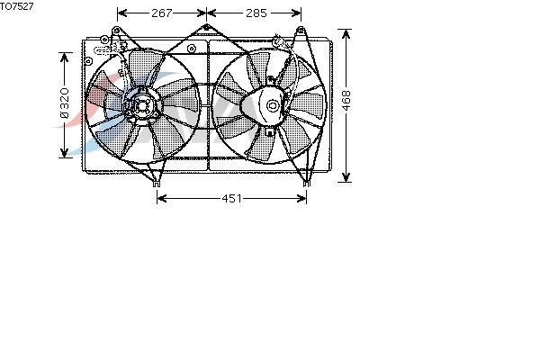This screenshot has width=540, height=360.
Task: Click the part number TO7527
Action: click(16, 6)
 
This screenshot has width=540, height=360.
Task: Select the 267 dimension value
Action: click(161, 13)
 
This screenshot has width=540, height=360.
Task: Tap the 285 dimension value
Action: click(256, 13)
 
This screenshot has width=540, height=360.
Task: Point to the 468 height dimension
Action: click(346, 101)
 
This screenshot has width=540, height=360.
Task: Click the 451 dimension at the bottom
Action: click(232, 198)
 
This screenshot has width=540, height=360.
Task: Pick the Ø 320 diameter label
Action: click(65, 103)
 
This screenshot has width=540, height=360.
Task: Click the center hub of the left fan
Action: click(141, 106)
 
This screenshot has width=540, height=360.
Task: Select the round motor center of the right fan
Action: click(273, 105)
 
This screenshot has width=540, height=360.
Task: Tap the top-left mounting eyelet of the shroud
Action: click(116, 31)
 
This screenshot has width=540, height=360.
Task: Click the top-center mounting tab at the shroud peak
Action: click(206, 27)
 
